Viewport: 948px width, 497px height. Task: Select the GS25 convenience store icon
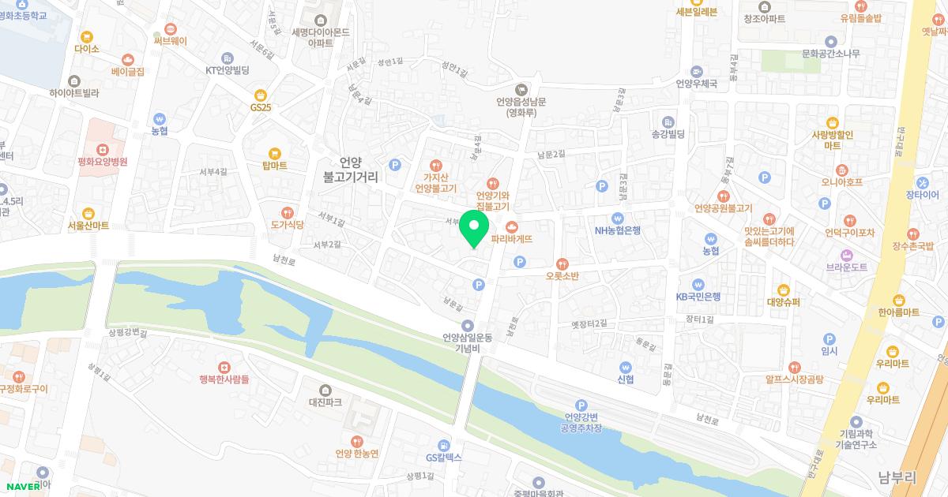tap(261, 95)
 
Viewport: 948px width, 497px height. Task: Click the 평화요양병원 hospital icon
tap(102, 149)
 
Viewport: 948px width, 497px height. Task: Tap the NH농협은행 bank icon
tap(618, 219)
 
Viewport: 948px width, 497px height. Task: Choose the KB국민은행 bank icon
tap(698, 285)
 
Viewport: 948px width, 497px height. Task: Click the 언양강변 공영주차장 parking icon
tap(581, 405)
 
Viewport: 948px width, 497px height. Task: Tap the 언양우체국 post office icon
tap(695, 70)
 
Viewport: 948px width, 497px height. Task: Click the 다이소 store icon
tap(86, 36)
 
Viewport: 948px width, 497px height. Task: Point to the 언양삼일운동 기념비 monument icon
tap(468, 325)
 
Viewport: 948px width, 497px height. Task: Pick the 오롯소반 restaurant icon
tap(562, 263)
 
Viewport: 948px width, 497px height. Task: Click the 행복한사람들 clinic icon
tap(224, 367)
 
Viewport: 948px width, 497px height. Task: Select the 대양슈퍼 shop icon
tap(783, 290)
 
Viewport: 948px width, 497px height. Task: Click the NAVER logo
tap(23, 487)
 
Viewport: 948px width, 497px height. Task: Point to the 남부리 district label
tap(897, 477)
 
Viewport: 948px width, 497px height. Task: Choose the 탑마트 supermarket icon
tap(274, 153)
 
